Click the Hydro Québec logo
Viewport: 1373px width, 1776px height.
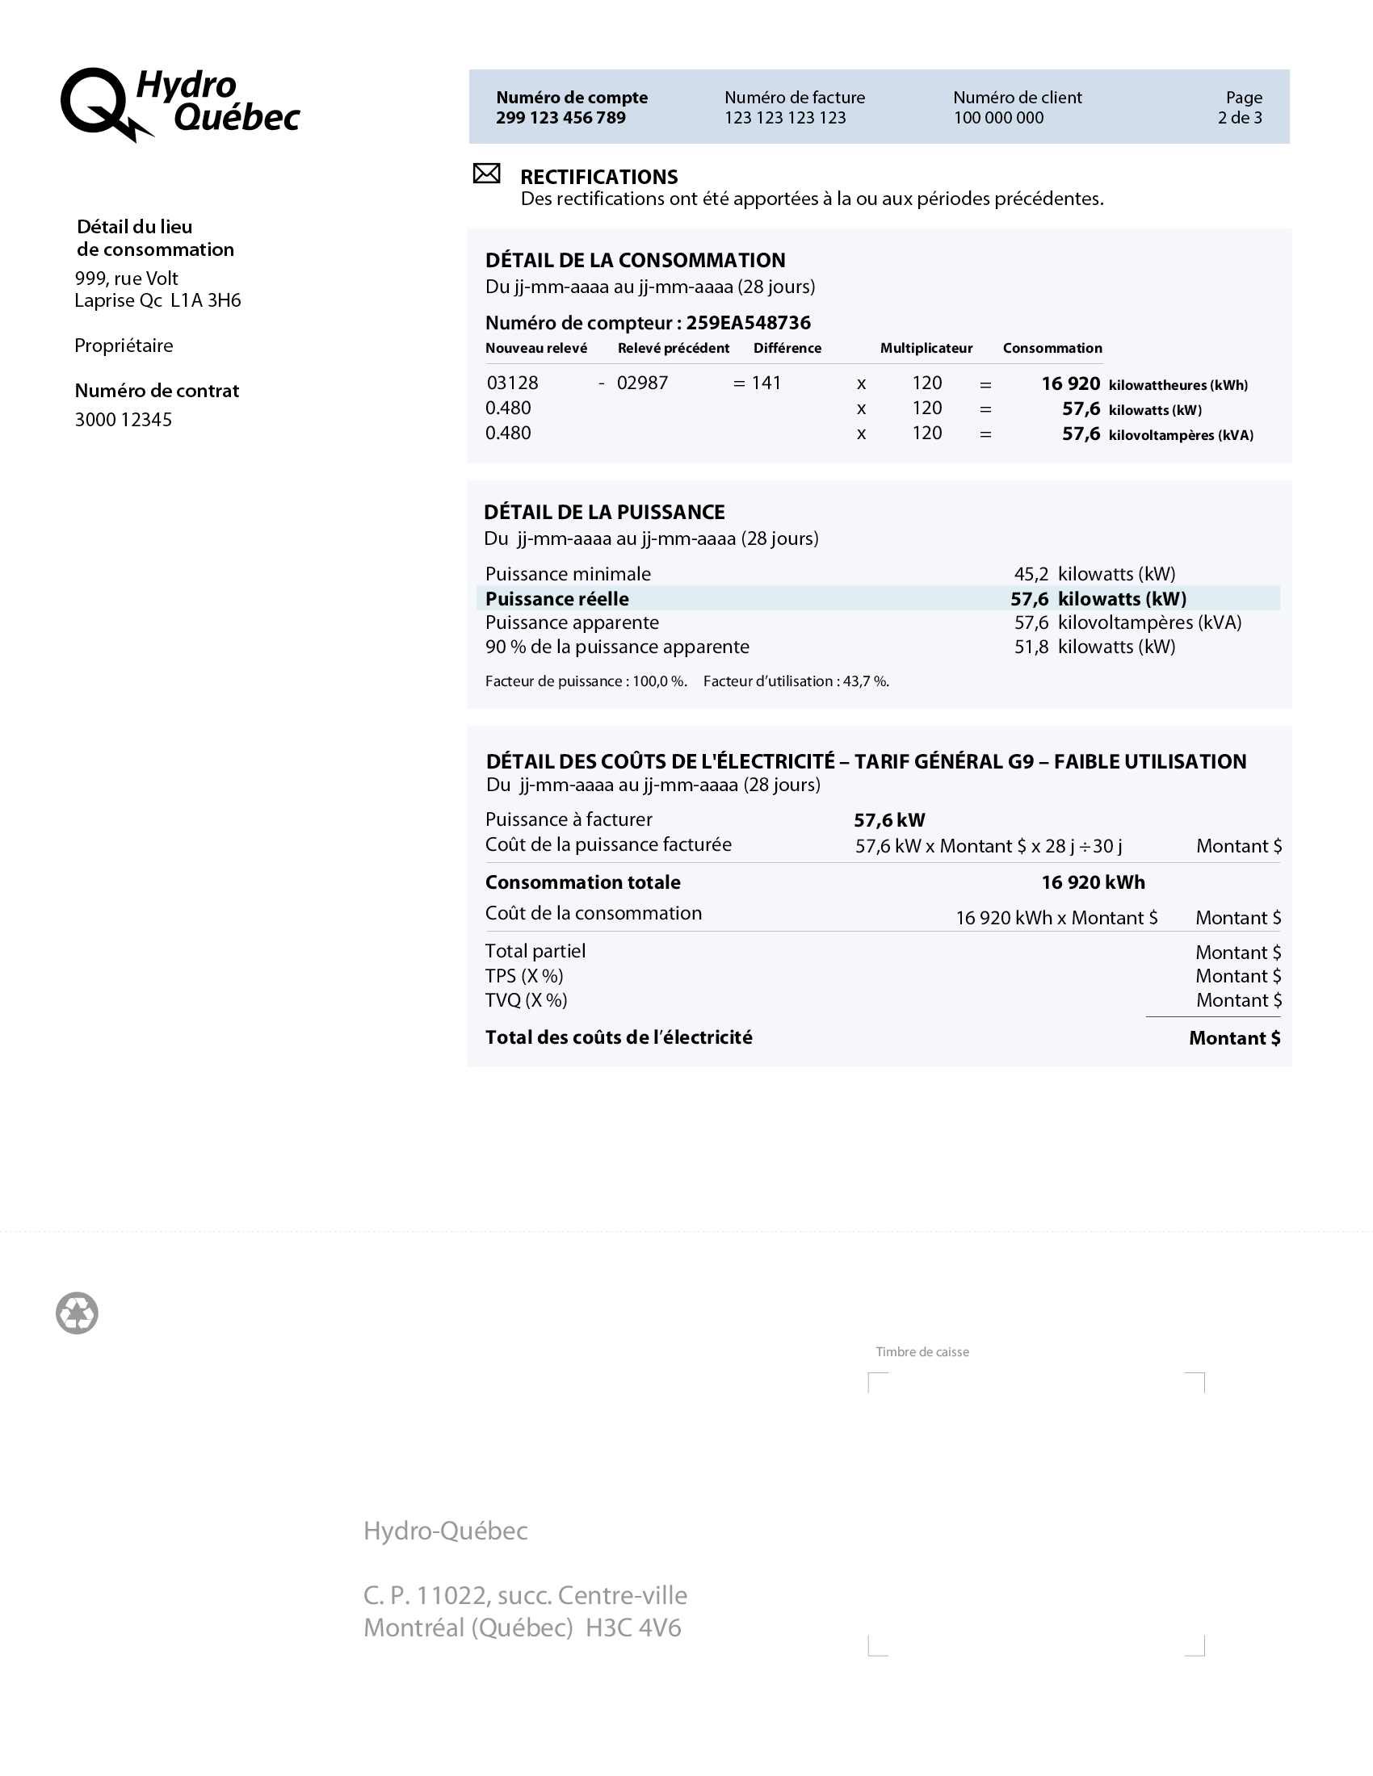tap(180, 104)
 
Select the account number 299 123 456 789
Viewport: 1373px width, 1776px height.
tap(561, 118)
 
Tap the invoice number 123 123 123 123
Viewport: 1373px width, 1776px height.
tap(785, 118)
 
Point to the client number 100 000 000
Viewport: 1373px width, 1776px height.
tap(998, 118)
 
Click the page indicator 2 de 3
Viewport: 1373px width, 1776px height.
tap(1240, 118)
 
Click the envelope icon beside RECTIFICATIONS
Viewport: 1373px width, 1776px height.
tap(486, 174)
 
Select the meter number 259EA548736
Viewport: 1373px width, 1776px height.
tap(748, 323)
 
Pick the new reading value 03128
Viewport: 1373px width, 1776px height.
tap(512, 383)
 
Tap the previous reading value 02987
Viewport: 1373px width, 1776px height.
tap(642, 383)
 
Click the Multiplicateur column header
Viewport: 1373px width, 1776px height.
tap(926, 348)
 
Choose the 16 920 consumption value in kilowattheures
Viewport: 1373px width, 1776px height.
tap(1070, 383)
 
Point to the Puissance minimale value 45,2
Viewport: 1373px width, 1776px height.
tap(1031, 574)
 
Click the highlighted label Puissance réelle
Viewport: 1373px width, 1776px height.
tap(556, 599)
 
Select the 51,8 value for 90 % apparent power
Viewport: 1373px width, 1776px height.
tap(1031, 647)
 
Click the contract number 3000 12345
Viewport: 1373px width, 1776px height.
tap(124, 420)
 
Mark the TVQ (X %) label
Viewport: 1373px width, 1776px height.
tap(526, 1000)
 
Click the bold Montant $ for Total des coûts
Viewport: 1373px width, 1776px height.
tap(1234, 1038)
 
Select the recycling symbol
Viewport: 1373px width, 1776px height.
tap(78, 1313)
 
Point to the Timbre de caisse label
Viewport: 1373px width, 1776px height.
tap(922, 1351)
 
